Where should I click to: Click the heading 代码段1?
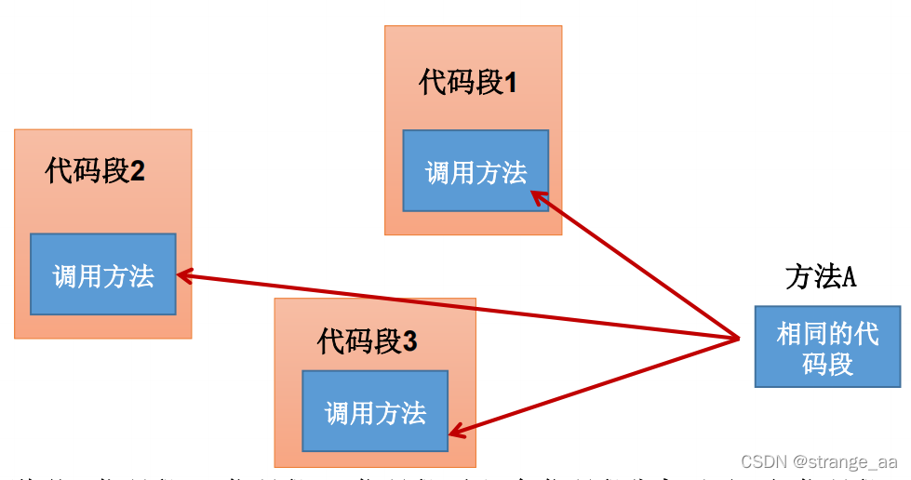(467, 83)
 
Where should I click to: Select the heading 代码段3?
(367, 341)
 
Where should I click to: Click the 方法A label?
(820, 277)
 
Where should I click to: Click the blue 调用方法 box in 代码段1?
(476, 172)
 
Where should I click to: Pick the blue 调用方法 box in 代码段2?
(102, 274)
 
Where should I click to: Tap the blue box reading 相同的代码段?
(827, 346)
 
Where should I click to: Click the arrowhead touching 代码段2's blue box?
(183, 275)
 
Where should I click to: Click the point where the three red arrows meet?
(739, 339)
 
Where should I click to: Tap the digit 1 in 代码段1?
(510, 84)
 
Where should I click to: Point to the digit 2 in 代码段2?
(138, 171)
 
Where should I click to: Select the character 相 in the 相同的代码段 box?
(789, 333)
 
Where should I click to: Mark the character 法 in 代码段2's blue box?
(141, 275)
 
